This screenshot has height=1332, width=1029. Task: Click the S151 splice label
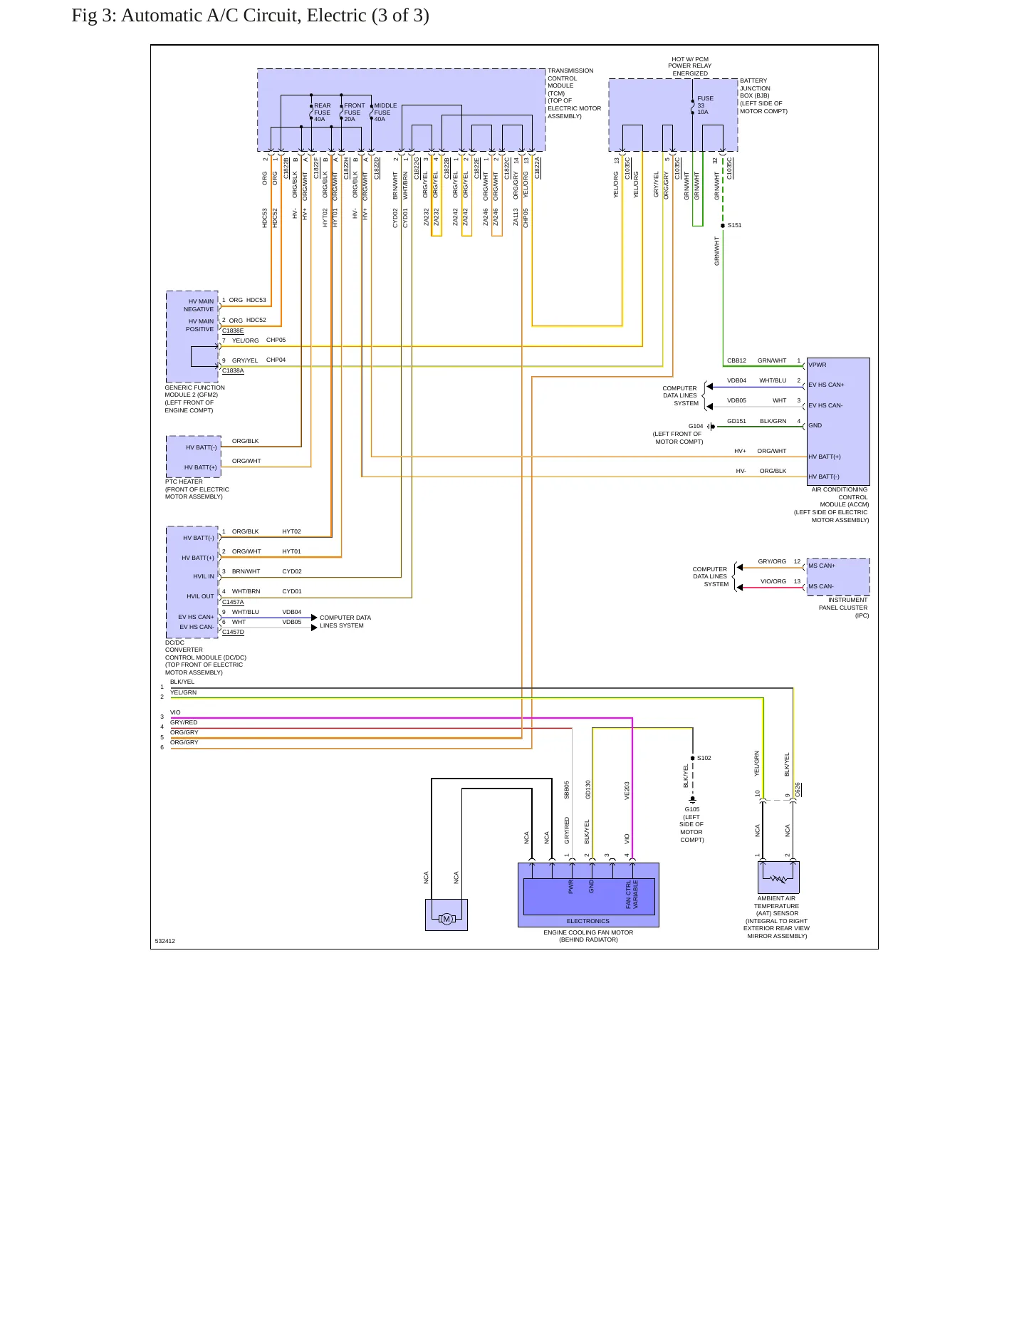point(734,225)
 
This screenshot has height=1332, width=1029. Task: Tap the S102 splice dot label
point(704,758)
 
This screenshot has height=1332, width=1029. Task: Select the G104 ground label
point(696,426)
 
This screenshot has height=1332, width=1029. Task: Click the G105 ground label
point(692,809)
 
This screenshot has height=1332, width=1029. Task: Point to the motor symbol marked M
point(446,919)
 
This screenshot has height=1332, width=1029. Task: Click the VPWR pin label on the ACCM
point(818,365)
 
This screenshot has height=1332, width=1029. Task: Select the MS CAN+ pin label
point(822,566)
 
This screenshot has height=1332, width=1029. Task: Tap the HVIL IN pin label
point(204,576)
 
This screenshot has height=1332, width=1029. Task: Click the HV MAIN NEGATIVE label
point(199,306)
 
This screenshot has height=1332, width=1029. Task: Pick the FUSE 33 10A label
point(705,105)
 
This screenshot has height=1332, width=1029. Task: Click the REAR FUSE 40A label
point(323,113)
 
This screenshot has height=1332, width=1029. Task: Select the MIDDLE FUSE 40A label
point(385,113)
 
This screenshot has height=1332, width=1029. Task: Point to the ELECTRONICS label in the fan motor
point(588,921)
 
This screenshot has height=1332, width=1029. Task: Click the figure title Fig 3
point(250,16)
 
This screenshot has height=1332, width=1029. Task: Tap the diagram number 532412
point(165,941)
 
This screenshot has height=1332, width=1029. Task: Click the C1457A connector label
point(233,602)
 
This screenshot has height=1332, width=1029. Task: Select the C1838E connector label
point(233,331)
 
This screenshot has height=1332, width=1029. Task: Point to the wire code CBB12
point(736,360)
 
